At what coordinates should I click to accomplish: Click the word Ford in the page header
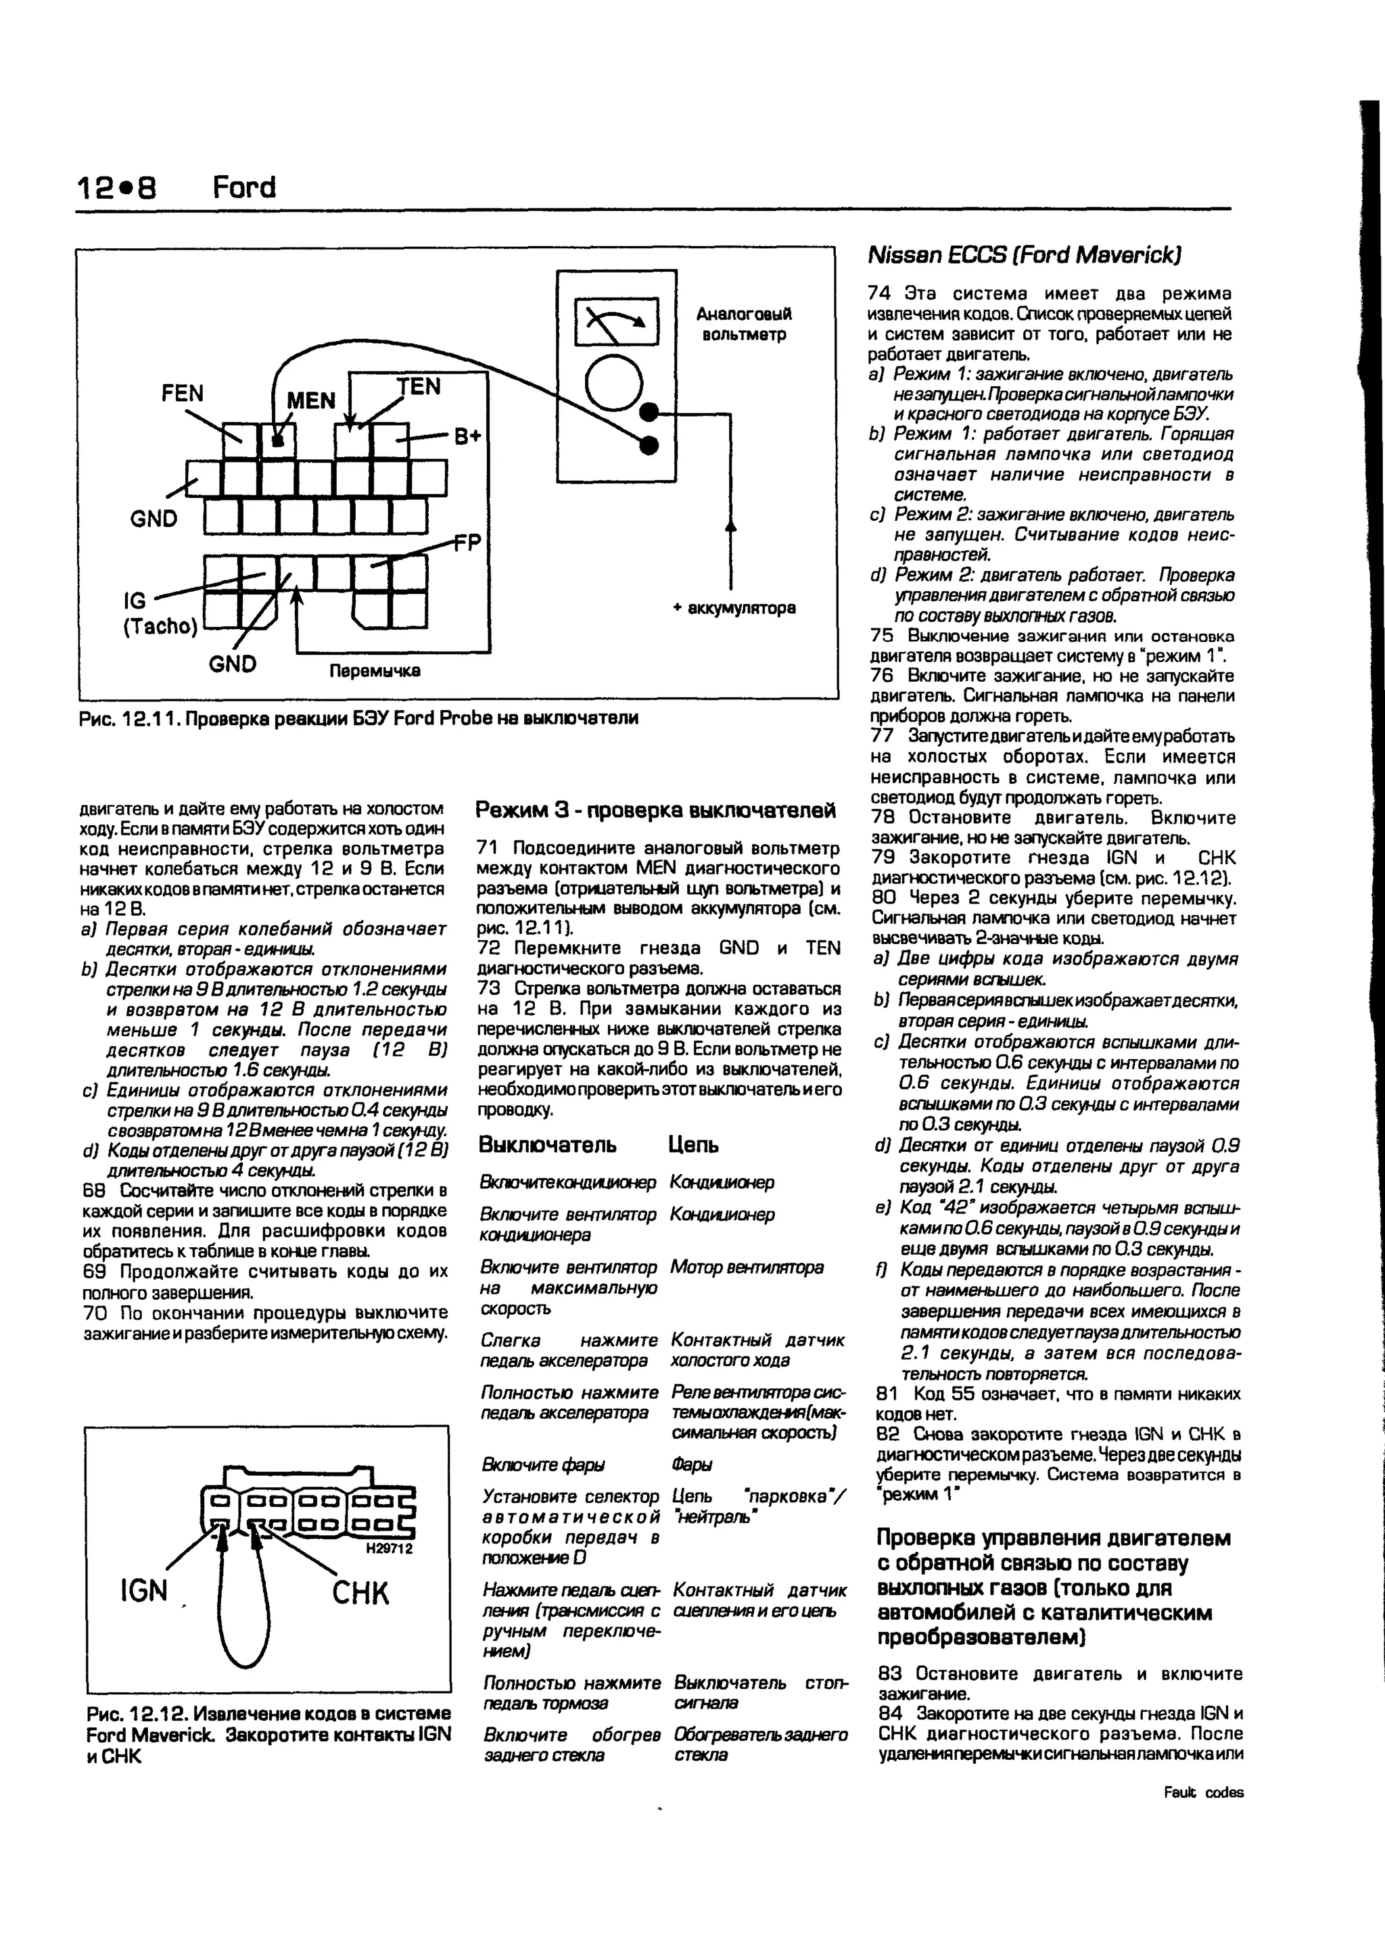[x=244, y=187]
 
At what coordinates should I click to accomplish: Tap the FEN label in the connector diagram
[x=183, y=393]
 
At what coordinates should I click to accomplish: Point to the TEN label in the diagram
[x=419, y=386]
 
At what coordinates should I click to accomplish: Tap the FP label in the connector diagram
[x=467, y=542]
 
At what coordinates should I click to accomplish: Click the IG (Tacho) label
[x=160, y=613]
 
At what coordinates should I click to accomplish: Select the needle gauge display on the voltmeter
[x=616, y=321]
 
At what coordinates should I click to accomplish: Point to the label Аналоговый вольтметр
[x=744, y=324]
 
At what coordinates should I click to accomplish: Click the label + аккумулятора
[x=734, y=608]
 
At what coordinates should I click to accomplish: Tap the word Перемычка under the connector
[x=375, y=670]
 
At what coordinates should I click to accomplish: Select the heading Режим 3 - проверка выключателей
[x=655, y=810]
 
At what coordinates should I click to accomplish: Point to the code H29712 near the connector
[x=389, y=1548]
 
